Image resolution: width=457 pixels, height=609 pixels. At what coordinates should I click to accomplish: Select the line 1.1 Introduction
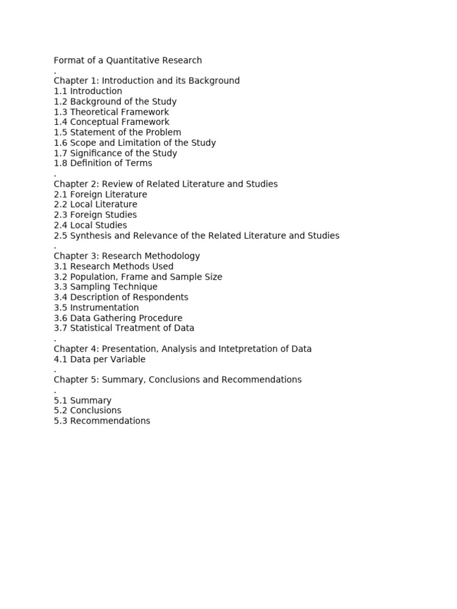pyautogui.click(x=88, y=91)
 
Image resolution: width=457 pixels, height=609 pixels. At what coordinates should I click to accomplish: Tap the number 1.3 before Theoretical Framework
pyautogui.click(x=61, y=112)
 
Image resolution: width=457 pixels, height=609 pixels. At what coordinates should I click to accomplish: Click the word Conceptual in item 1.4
pyautogui.click(x=94, y=122)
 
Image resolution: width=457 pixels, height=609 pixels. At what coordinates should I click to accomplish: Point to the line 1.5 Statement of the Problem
pyautogui.click(x=117, y=132)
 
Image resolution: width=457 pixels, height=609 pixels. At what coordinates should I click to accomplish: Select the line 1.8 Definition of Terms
pyautogui.click(x=103, y=163)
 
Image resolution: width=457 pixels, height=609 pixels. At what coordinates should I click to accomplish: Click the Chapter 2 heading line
pyautogui.click(x=165, y=184)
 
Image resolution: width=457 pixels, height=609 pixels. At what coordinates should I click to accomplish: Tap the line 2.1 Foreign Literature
pyautogui.click(x=100, y=194)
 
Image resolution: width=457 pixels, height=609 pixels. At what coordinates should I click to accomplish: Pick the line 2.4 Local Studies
pyautogui.click(x=90, y=225)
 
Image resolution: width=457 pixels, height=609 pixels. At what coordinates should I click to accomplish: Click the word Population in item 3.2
pyautogui.click(x=93, y=277)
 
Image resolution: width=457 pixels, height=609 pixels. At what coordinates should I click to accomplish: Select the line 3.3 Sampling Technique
pyautogui.click(x=105, y=287)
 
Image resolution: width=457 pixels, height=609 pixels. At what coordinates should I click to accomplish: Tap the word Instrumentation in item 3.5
pyautogui.click(x=105, y=307)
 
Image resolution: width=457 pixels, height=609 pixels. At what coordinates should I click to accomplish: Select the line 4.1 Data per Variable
pyautogui.click(x=99, y=359)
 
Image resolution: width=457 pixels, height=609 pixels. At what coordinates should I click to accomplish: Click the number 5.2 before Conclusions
pyautogui.click(x=61, y=410)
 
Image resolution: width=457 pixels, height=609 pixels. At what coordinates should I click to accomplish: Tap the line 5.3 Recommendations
pyautogui.click(x=102, y=420)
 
